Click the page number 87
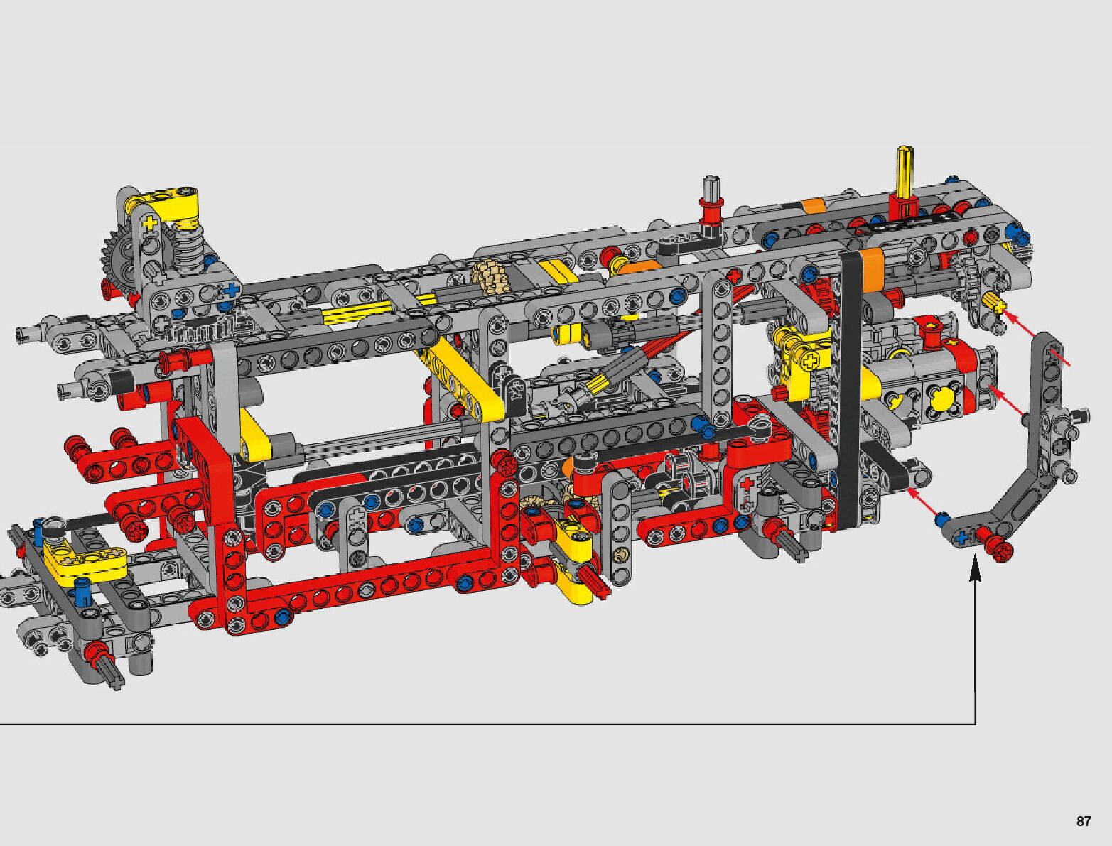pyautogui.click(x=1083, y=821)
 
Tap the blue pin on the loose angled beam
pyautogui.click(x=941, y=519)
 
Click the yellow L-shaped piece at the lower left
pyautogui.click(x=85, y=560)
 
